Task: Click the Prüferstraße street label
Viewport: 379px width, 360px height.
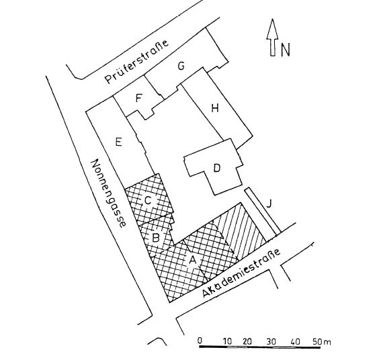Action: [136, 62]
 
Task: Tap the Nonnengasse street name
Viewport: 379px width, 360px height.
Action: [108, 193]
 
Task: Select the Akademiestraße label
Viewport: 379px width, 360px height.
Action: [241, 273]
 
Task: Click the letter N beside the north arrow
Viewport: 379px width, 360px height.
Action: [285, 50]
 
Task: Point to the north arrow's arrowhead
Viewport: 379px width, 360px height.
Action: [272, 28]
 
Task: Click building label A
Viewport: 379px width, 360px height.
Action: [192, 261]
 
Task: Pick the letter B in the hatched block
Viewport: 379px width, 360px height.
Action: [156, 238]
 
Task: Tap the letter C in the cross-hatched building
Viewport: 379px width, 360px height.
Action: [148, 201]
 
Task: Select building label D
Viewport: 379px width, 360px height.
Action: [217, 168]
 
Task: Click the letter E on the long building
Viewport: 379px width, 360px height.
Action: [118, 142]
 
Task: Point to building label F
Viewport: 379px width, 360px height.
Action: [138, 98]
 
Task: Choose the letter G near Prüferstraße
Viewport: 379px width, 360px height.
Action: [181, 66]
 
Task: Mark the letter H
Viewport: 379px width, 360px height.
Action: [215, 108]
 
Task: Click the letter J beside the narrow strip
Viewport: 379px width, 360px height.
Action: [269, 204]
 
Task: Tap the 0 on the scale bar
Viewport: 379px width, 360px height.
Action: [200, 341]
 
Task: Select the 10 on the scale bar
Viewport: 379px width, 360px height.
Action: [227, 341]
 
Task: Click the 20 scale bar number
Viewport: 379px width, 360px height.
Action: [247, 341]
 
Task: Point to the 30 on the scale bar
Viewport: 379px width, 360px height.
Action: [271, 342]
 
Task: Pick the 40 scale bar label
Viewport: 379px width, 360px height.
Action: [296, 342]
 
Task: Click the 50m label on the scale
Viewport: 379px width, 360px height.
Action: [322, 342]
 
